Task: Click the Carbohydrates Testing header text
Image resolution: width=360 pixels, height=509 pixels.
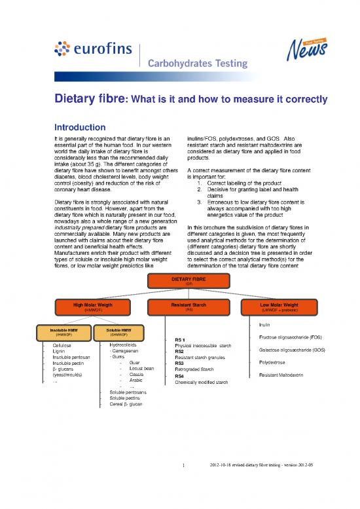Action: tap(195, 64)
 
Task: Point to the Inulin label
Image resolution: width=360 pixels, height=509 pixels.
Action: tap(264, 324)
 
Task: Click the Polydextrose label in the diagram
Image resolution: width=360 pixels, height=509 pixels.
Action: tap(272, 362)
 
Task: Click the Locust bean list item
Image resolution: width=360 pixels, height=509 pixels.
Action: tap(141, 369)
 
